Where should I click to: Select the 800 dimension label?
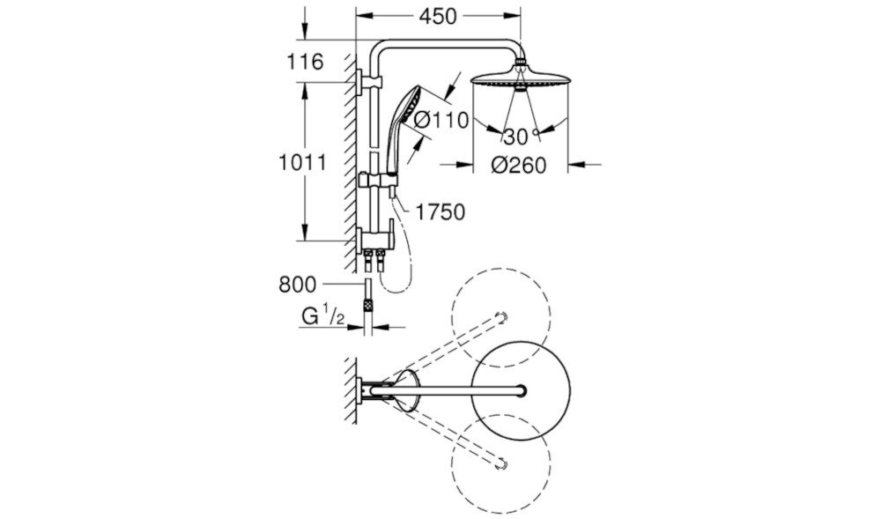[x=297, y=284]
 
